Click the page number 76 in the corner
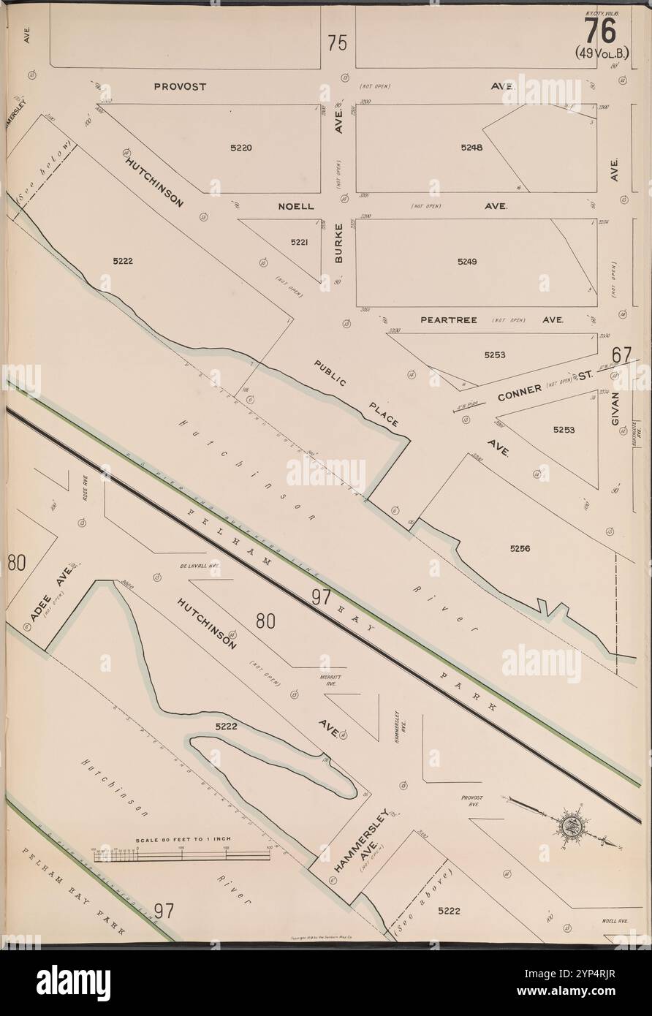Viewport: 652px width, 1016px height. [x=599, y=30]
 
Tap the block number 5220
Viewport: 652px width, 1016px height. [x=241, y=147]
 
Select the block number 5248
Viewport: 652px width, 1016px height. [x=471, y=147]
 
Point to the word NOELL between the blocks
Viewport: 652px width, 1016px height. [x=296, y=206]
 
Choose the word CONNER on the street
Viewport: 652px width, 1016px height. [x=519, y=393]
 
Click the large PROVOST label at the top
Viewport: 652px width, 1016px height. [x=180, y=86]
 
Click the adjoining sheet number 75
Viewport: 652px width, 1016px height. [x=337, y=43]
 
